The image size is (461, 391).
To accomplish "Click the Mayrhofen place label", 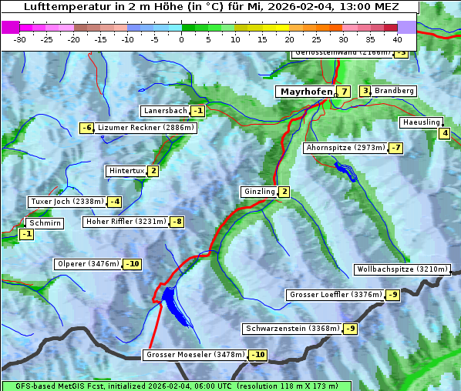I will coord(305,92).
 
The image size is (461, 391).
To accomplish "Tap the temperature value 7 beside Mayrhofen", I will coord(344,92).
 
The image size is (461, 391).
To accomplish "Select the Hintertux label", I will coord(126,171).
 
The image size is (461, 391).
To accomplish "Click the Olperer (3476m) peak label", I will coord(88,264).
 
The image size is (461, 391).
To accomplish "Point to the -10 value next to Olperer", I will coord(132,264).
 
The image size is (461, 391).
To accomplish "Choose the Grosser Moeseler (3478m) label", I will coord(194,355).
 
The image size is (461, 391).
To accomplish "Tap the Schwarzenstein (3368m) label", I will coord(291,329).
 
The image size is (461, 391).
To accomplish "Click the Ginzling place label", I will coord(258,192).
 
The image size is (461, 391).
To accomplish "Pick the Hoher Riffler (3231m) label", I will coord(125,222).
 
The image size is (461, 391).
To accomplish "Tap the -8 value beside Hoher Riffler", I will coord(177,222).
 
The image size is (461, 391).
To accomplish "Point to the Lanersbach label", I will coord(165,111).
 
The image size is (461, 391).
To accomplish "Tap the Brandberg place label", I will coord(394,91).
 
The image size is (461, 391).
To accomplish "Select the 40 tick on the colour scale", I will coord(397,38).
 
